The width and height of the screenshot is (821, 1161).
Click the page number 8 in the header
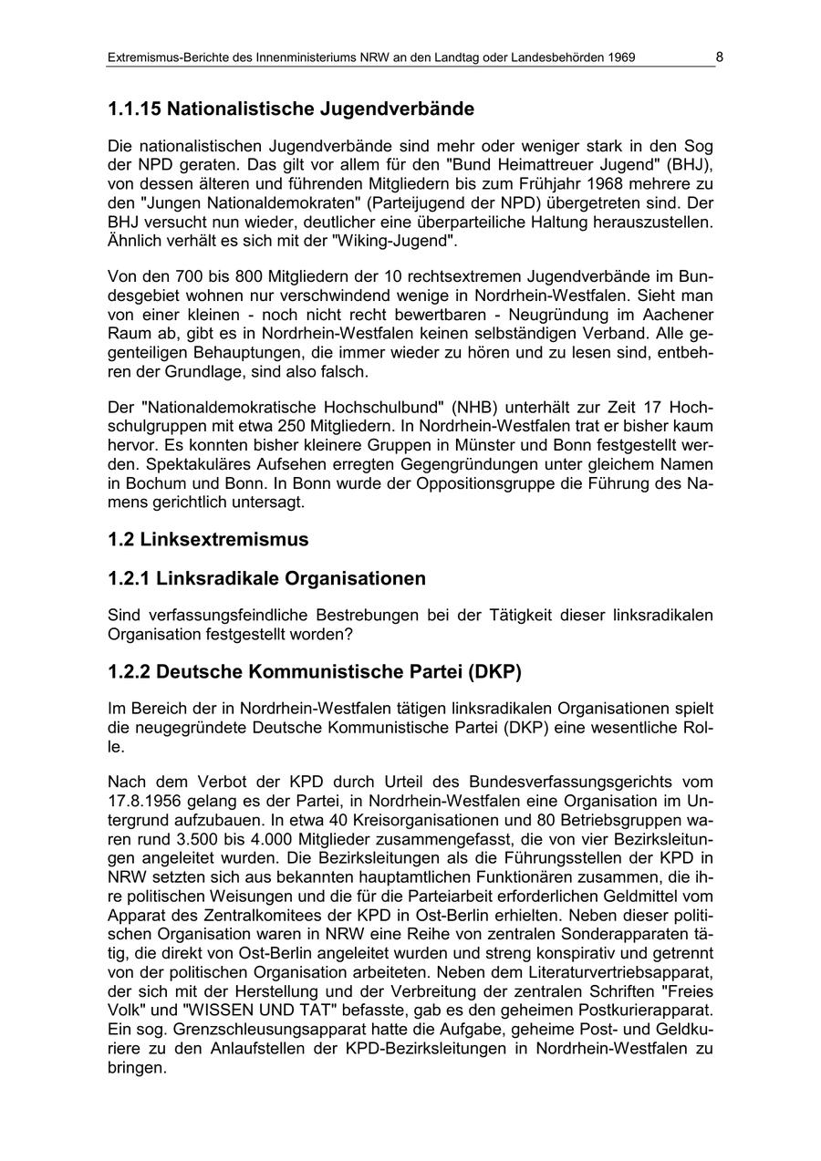point(719,57)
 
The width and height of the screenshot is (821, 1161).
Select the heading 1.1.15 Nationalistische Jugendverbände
point(291,109)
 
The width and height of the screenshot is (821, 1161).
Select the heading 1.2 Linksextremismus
point(208,540)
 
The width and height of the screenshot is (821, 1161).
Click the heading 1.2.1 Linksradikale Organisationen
point(266,579)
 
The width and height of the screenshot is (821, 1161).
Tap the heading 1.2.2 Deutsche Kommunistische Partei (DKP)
point(315,673)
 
